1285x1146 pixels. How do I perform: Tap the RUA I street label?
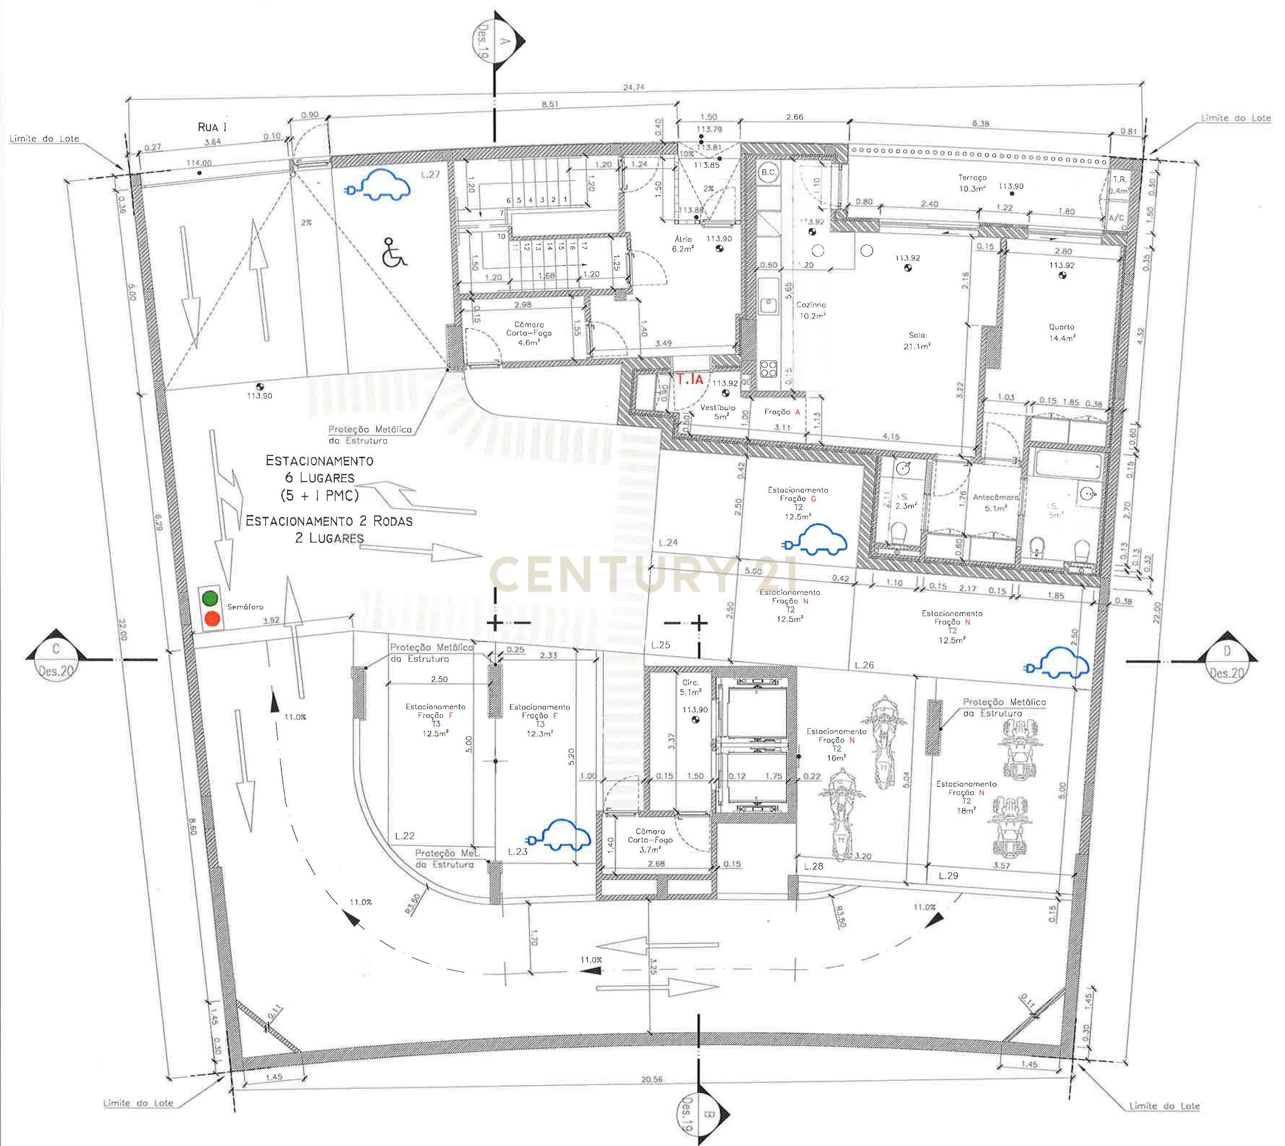(212, 127)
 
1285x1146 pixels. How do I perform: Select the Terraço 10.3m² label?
(972, 183)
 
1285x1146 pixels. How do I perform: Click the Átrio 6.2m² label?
(683, 244)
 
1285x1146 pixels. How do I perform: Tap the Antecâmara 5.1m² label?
(995, 502)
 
